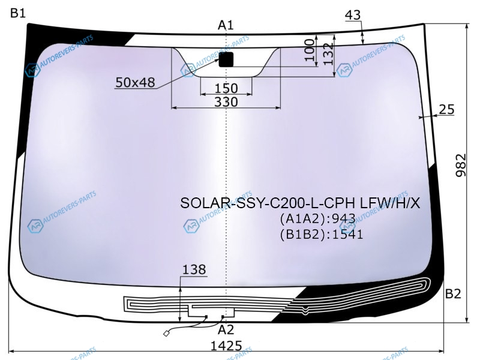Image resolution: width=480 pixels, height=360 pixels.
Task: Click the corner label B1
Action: click(x=18, y=13)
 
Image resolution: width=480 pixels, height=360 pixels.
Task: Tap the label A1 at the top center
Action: click(x=226, y=25)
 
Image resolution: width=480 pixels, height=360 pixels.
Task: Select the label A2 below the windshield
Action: click(x=226, y=329)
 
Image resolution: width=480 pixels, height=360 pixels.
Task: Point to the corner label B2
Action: click(x=453, y=293)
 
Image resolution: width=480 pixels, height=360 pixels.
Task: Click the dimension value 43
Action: click(x=353, y=14)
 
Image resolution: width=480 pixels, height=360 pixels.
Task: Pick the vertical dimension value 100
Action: click(x=310, y=50)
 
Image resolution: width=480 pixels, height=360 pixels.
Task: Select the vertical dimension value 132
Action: click(x=328, y=54)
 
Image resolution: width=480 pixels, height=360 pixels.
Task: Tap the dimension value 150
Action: click(x=226, y=88)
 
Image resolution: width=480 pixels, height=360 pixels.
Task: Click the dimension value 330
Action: click(x=226, y=102)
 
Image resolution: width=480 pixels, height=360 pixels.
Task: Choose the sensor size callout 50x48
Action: click(x=135, y=82)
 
